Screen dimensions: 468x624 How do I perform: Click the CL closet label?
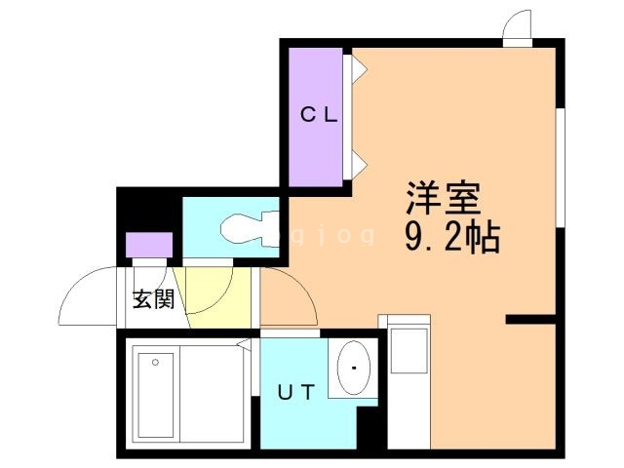(317, 115)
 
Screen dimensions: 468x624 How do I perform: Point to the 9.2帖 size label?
(451, 237)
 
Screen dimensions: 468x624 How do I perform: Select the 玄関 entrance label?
(153, 298)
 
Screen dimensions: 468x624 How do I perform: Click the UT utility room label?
(297, 394)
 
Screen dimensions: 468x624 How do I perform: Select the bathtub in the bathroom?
(156, 396)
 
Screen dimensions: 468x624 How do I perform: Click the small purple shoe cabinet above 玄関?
(149, 245)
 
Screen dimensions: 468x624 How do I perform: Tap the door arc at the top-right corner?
(518, 27)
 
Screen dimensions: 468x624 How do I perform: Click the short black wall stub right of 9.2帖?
(531, 319)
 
